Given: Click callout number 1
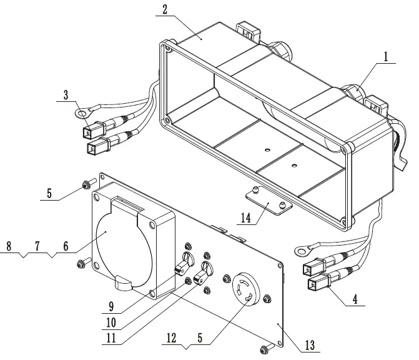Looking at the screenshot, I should (386, 56).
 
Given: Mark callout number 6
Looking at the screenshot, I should (67, 247).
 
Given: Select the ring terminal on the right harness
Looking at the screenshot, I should (302, 251).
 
